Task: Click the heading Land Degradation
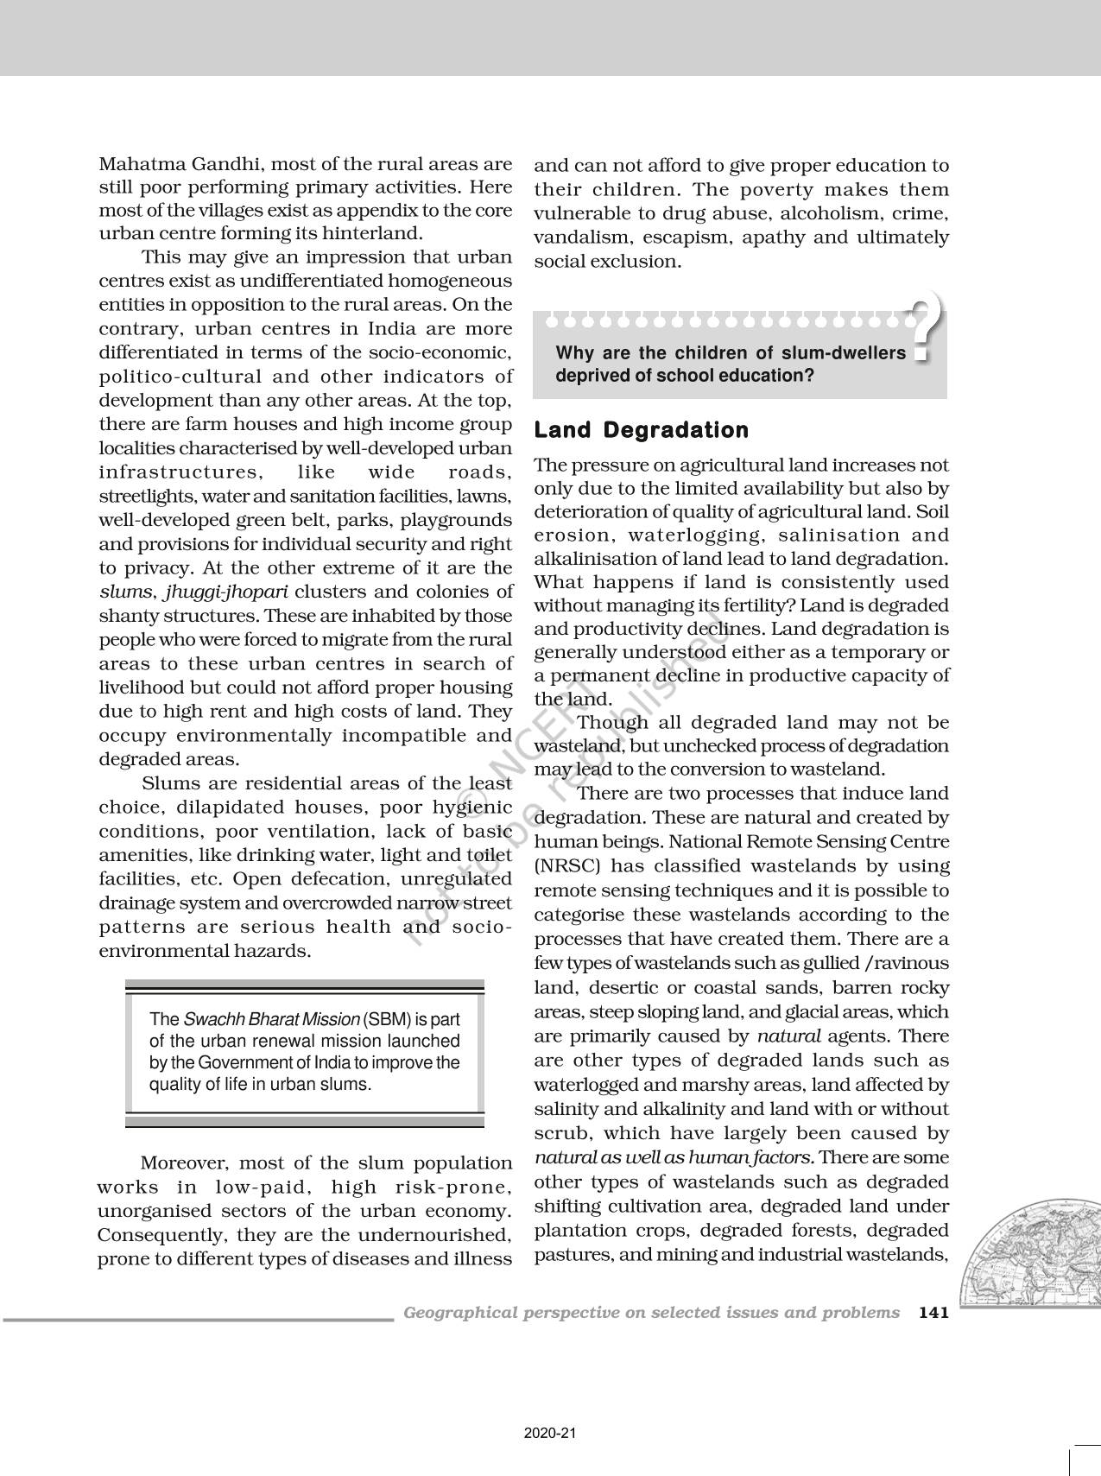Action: (642, 430)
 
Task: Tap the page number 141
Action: (934, 1313)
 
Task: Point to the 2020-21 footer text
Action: (549, 1434)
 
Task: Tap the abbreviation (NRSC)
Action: (563, 866)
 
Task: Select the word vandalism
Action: (577, 238)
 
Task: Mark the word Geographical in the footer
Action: (458, 1313)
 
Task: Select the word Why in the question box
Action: (573, 352)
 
